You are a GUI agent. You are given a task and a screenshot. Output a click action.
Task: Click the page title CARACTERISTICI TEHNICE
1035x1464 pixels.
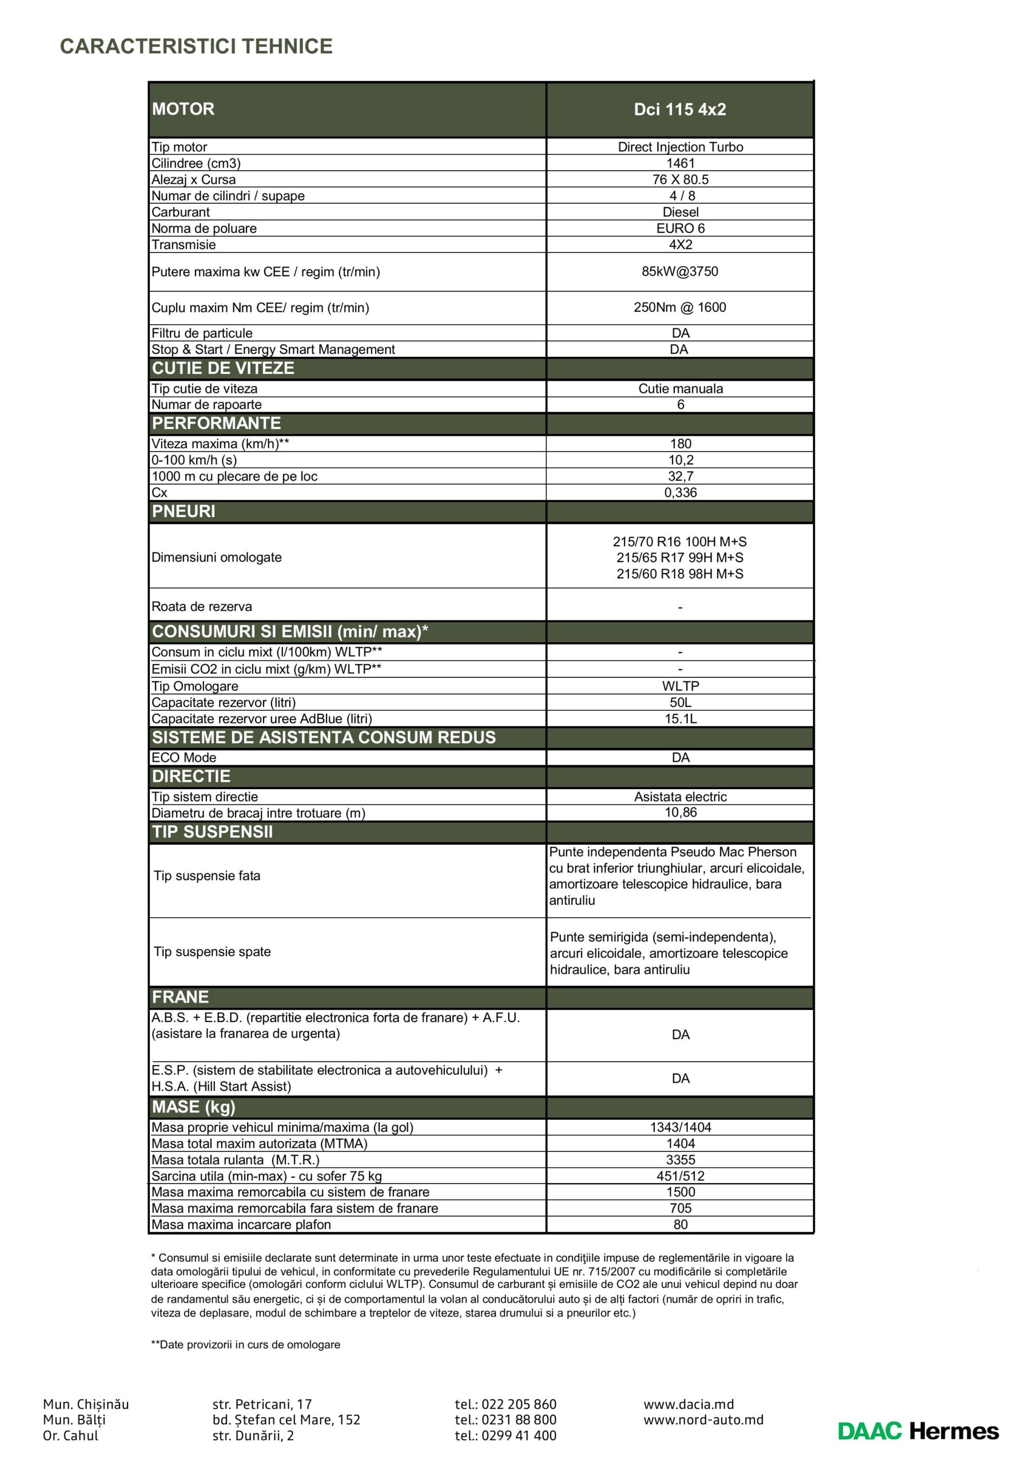click(196, 46)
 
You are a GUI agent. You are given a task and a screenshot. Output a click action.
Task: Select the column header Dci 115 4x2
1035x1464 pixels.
click(680, 109)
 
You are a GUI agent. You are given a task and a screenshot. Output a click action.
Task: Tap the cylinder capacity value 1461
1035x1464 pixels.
click(680, 163)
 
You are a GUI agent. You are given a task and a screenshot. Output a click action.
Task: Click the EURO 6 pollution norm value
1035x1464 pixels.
click(680, 228)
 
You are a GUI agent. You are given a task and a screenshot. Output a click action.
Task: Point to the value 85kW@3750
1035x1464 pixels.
click(680, 272)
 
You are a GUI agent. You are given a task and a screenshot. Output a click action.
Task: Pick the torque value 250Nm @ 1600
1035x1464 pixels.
click(680, 307)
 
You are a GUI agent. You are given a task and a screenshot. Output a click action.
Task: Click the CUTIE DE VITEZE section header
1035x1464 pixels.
click(223, 368)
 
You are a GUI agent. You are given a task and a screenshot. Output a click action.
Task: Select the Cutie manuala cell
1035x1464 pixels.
click(680, 388)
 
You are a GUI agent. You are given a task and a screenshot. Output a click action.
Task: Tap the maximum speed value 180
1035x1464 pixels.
click(680, 444)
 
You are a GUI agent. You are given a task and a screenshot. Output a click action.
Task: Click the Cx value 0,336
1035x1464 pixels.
click(680, 492)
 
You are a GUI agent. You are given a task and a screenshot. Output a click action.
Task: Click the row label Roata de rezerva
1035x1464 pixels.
click(201, 606)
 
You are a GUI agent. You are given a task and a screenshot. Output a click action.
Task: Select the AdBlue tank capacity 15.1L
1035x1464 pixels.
click(680, 719)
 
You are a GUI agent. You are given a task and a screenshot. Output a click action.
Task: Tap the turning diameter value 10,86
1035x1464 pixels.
click(680, 812)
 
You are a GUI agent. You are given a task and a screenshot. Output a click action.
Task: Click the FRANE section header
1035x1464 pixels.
click(181, 997)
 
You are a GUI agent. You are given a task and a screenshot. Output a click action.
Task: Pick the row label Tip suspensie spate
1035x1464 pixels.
click(212, 952)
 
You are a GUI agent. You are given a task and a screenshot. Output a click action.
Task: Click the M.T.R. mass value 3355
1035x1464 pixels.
click(680, 1160)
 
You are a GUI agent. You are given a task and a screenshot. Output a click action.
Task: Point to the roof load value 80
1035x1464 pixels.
click(680, 1224)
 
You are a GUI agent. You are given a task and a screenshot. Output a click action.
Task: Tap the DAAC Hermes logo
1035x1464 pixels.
click(918, 1431)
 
